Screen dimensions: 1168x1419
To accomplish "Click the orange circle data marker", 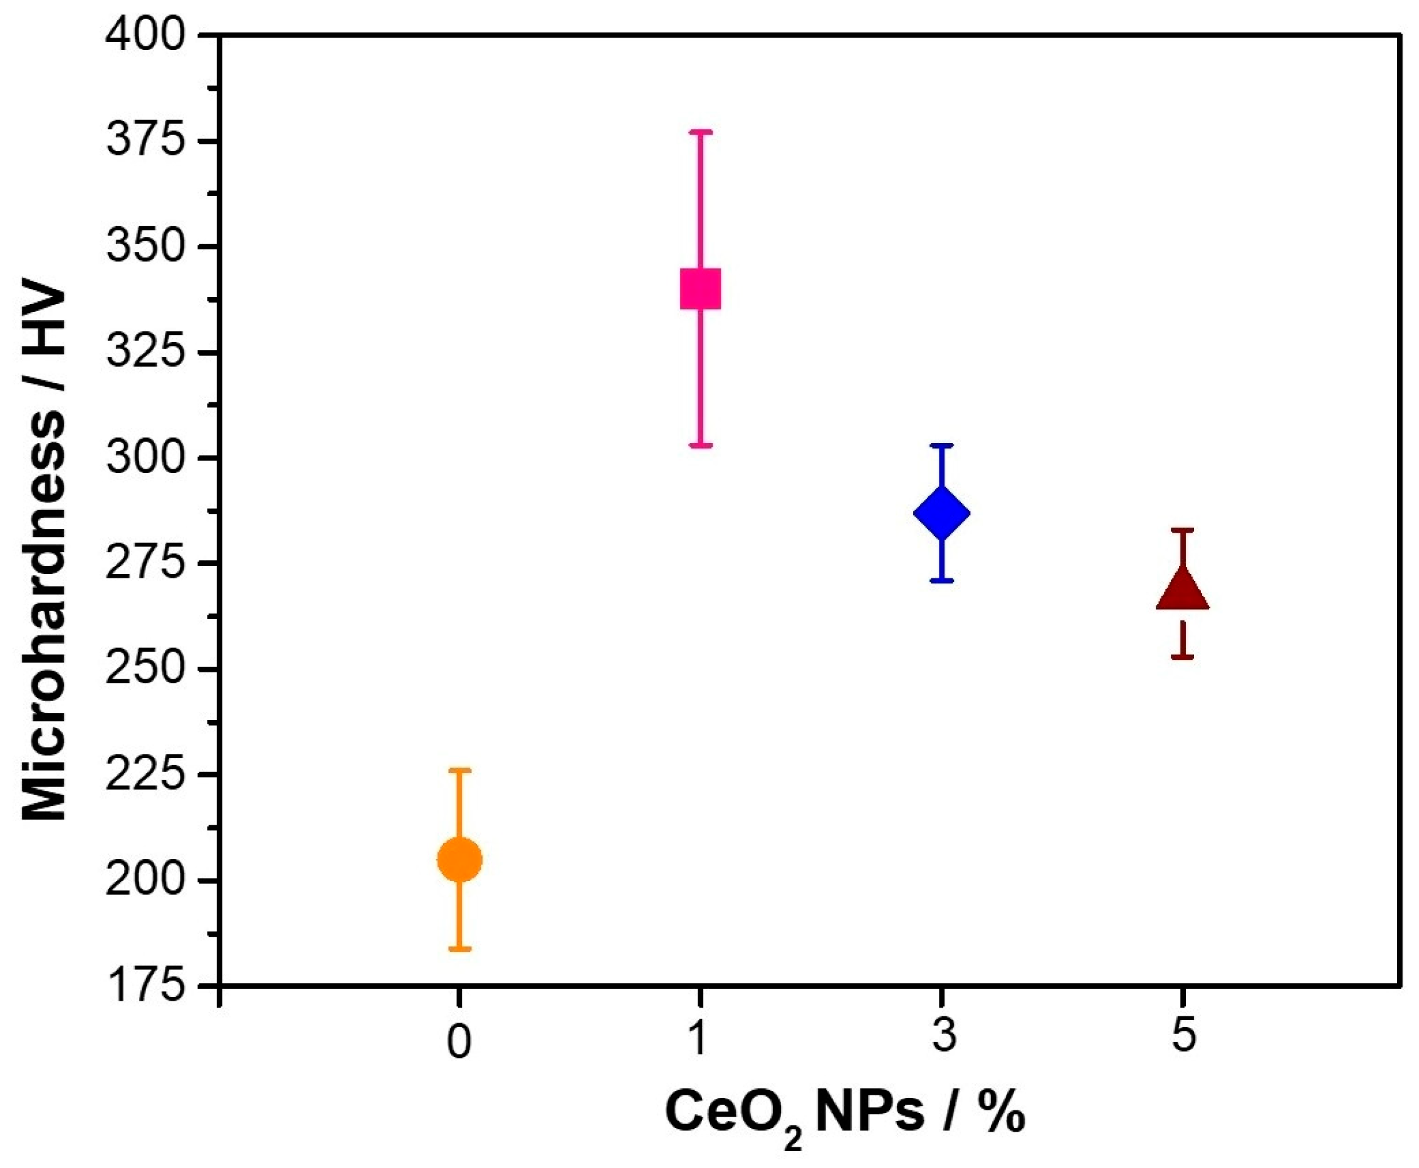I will pyautogui.click(x=459, y=859).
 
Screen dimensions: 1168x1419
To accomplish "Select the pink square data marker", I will pyautogui.click(x=701, y=289).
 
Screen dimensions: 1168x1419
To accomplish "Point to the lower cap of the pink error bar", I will pyautogui.click(x=701, y=446).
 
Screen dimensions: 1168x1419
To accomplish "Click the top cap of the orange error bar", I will pyautogui.click(x=459, y=769).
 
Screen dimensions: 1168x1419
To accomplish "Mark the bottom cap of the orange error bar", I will pyautogui.click(x=459, y=949).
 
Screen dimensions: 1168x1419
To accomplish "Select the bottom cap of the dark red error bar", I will pyautogui.click(x=1182, y=657).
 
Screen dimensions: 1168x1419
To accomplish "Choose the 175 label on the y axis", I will pyautogui.click(x=145, y=988).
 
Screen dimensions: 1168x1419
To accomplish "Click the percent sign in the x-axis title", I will pyautogui.click(x=1002, y=1113).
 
